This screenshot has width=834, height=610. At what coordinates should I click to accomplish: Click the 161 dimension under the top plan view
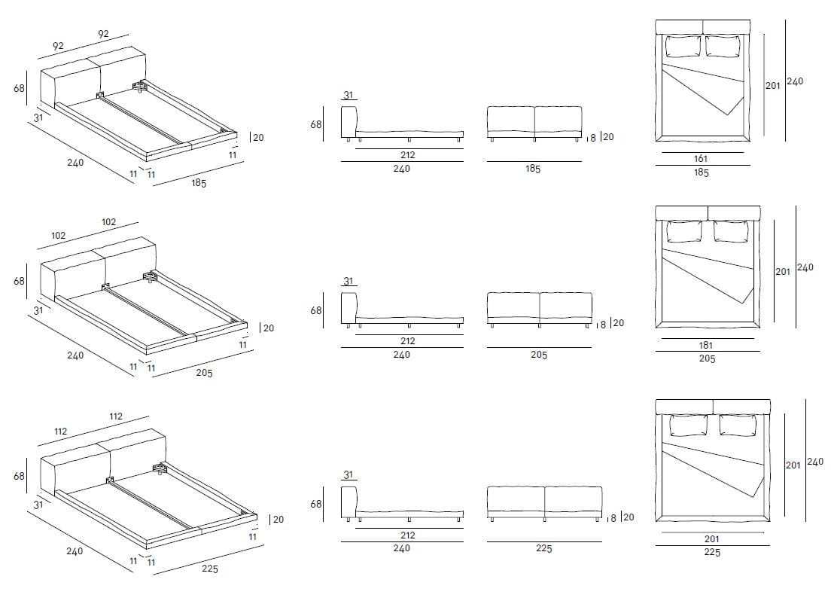coord(701,159)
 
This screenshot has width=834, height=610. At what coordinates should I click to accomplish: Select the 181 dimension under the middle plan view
coord(706,346)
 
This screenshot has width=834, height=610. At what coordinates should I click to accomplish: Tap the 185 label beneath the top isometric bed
coord(199,183)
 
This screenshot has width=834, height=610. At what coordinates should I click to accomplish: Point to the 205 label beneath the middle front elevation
coord(538,355)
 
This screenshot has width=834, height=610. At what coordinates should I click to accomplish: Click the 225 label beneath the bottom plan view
coord(712,552)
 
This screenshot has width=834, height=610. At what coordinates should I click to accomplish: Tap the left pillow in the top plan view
coord(683,46)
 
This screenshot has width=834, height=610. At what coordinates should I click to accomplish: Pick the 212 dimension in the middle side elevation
coord(408,341)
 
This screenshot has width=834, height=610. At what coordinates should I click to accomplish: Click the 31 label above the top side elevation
coord(348,95)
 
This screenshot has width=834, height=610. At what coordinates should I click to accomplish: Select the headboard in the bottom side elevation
coord(348,503)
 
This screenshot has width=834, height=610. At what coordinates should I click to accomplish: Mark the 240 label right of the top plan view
coord(794,81)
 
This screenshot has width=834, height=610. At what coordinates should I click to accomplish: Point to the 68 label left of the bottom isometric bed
coord(19,476)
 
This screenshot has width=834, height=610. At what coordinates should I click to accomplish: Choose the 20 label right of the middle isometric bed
coord(268,328)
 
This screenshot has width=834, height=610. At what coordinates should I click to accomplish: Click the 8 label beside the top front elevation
coord(593,138)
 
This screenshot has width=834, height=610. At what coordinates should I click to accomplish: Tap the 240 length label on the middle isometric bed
coord(75,355)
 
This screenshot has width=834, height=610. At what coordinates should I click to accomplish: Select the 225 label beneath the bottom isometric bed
coord(210,569)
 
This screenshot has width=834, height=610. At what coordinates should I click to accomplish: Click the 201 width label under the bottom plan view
coord(712,538)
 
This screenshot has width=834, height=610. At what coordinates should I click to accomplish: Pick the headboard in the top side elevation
coord(348,122)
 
